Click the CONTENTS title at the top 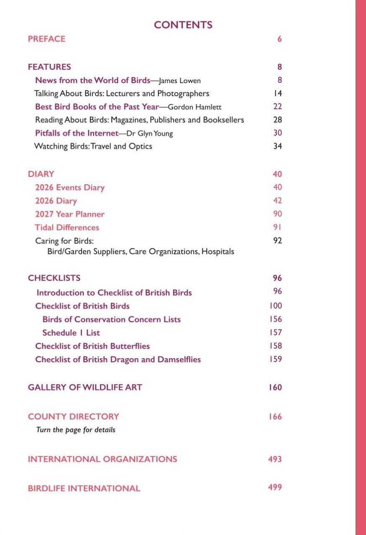click(x=183, y=25)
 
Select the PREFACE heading click(x=46, y=39)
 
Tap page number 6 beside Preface click(x=279, y=39)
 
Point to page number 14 click(x=277, y=93)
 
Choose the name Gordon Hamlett click(x=195, y=107)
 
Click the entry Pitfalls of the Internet click(x=77, y=133)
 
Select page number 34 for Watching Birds click(x=277, y=146)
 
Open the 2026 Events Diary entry click(x=69, y=188)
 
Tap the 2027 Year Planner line click(x=69, y=214)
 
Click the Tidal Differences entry click(x=67, y=227)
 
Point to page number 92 click(x=277, y=241)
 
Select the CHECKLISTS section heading click(x=54, y=278)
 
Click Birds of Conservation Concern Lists click(x=111, y=319)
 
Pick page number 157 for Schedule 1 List click(x=276, y=333)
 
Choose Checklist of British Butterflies click(x=92, y=346)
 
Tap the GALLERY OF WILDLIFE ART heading click(x=85, y=387)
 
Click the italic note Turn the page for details click(x=76, y=430)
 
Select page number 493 click(x=275, y=459)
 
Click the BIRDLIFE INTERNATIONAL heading click(x=84, y=488)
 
